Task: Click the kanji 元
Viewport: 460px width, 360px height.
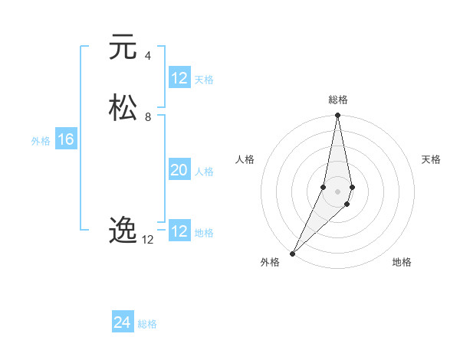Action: (x=122, y=47)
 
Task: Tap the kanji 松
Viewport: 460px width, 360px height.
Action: (x=122, y=107)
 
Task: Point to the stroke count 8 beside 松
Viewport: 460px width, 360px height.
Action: (x=147, y=116)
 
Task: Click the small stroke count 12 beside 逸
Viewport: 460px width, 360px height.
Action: (x=147, y=239)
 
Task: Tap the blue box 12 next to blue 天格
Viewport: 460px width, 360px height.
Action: (x=179, y=78)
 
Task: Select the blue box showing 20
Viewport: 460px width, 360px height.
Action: (x=179, y=170)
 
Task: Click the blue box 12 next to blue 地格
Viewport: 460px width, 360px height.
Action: (x=179, y=231)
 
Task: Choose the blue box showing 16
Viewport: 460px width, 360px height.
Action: (x=65, y=139)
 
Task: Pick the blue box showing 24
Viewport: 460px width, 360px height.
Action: (x=123, y=322)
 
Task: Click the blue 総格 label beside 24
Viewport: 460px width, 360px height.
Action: (x=147, y=324)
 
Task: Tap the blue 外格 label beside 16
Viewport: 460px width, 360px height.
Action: (x=41, y=141)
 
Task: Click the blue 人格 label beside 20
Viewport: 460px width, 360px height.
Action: (x=204, y=172)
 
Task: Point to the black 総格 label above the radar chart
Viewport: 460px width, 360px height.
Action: (x=337, y=100)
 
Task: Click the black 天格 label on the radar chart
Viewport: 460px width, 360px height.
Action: (x=431, y=159)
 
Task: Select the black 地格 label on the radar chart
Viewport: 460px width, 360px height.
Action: (x=402, y=262)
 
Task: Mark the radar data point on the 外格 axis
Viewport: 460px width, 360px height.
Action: (x=292, y=253)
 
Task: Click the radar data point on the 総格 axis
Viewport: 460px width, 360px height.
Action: (x=337, y=116)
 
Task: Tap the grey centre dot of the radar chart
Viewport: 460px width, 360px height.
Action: (x=337, y=191)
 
